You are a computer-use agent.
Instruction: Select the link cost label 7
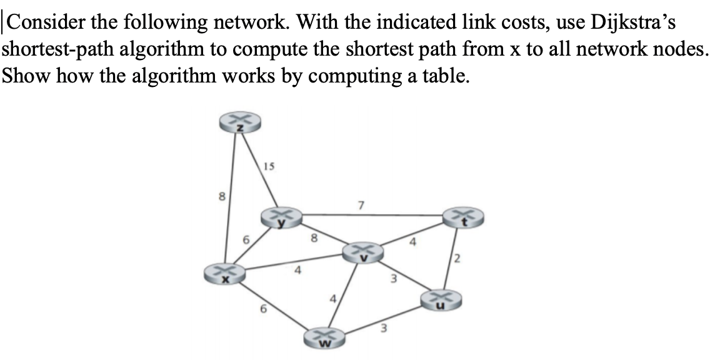click(360, 204)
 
